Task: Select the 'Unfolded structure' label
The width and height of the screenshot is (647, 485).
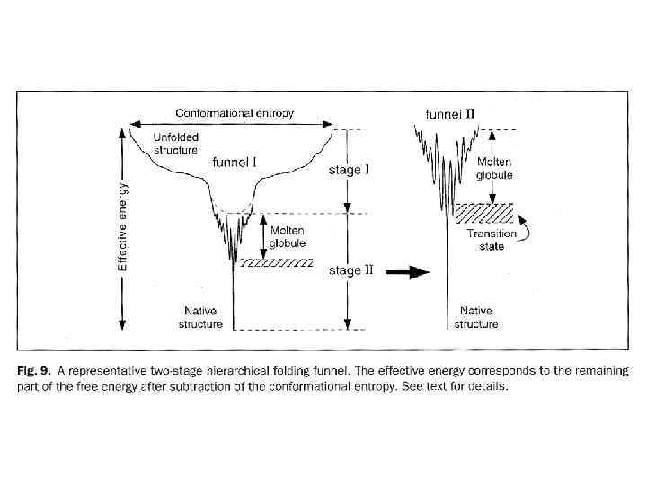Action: coord(175,144)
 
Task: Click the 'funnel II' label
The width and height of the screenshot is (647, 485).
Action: coord(449,114)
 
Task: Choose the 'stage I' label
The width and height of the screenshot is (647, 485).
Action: coord(350,169)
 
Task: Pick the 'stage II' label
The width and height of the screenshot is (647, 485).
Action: coord(350,269)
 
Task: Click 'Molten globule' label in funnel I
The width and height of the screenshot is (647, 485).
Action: coord(288,237)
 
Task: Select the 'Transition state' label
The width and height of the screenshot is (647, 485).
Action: coord(492,240)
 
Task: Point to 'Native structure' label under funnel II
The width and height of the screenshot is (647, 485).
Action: coord(474,317)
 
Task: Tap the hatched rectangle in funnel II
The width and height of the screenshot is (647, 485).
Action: coord(483,213)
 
